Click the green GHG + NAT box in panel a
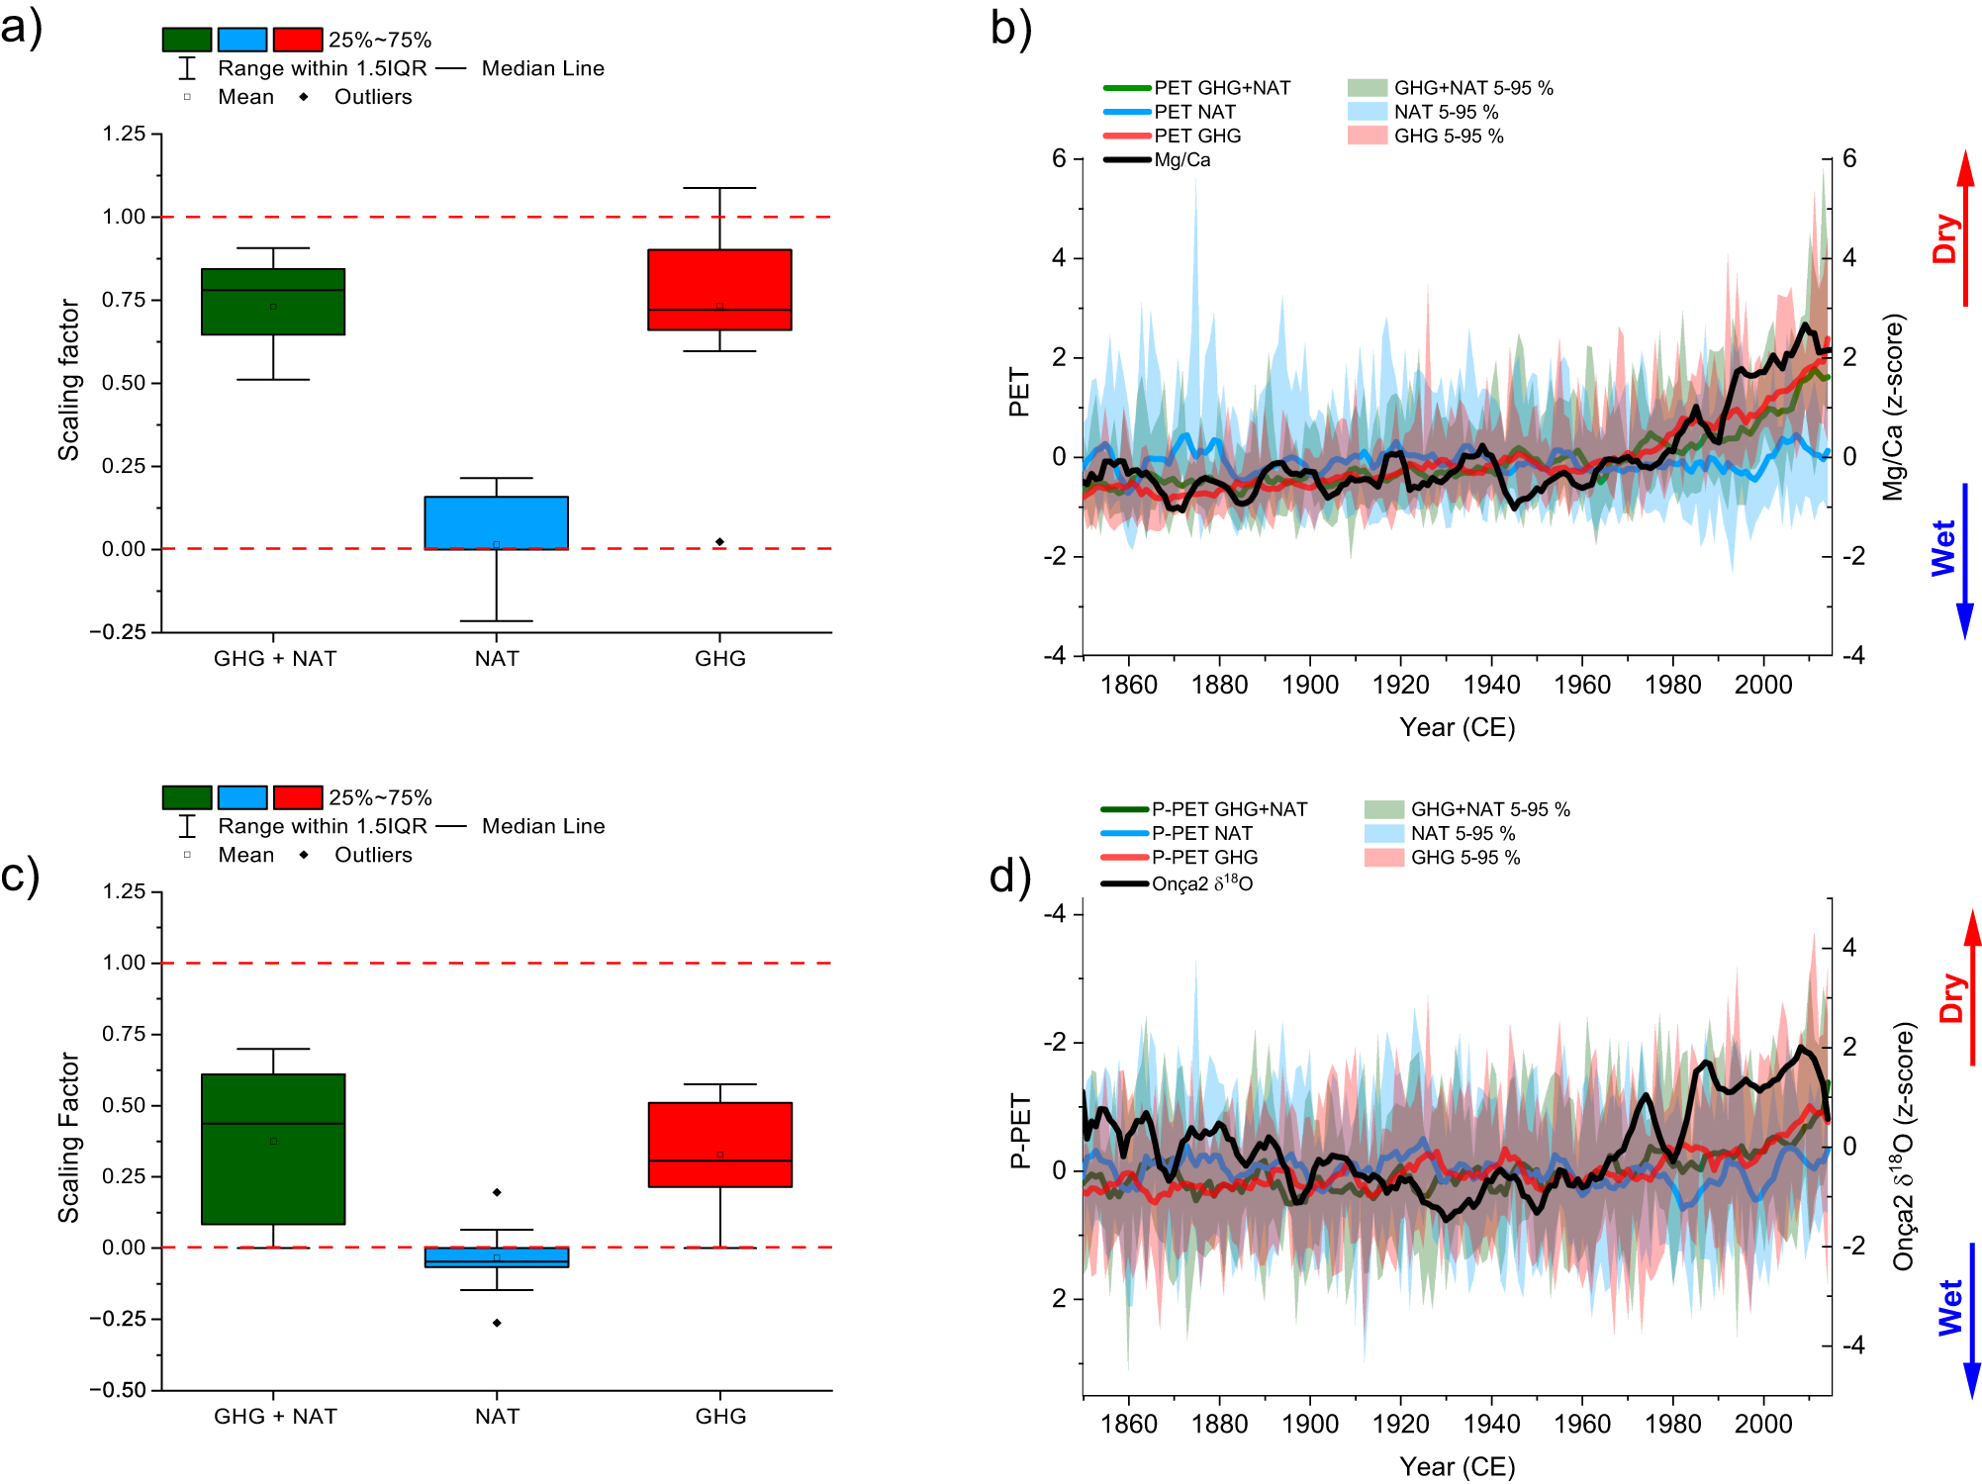click(273, 302)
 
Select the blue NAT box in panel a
click(496, 522)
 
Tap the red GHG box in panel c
click(719, 1144)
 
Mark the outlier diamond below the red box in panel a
click(719, 541)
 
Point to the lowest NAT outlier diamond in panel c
click(497, 1323)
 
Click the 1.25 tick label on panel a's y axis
click(124, 134)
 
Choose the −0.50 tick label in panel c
click(118, 1390)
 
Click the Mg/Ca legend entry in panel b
click(1181, 159)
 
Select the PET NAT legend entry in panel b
click(1194, 112)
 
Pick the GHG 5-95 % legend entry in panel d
click(1464, 857)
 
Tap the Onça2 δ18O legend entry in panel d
click(1201, 882)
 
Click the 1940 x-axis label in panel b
click(1491, 685)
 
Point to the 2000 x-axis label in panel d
click(1762, 1424)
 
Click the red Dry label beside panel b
click(1945, 237)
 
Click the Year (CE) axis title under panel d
click(1457, 1466)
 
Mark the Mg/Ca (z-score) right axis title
click(1893, 407)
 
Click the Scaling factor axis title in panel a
click(68, 380)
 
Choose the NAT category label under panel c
click(497, 1416)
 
